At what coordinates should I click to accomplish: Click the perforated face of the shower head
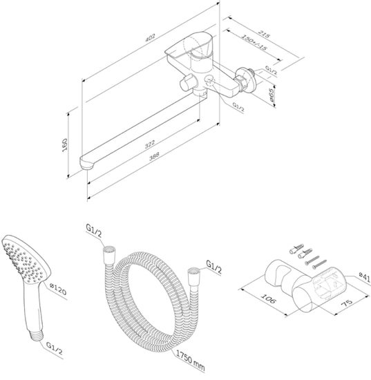(21, 259)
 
